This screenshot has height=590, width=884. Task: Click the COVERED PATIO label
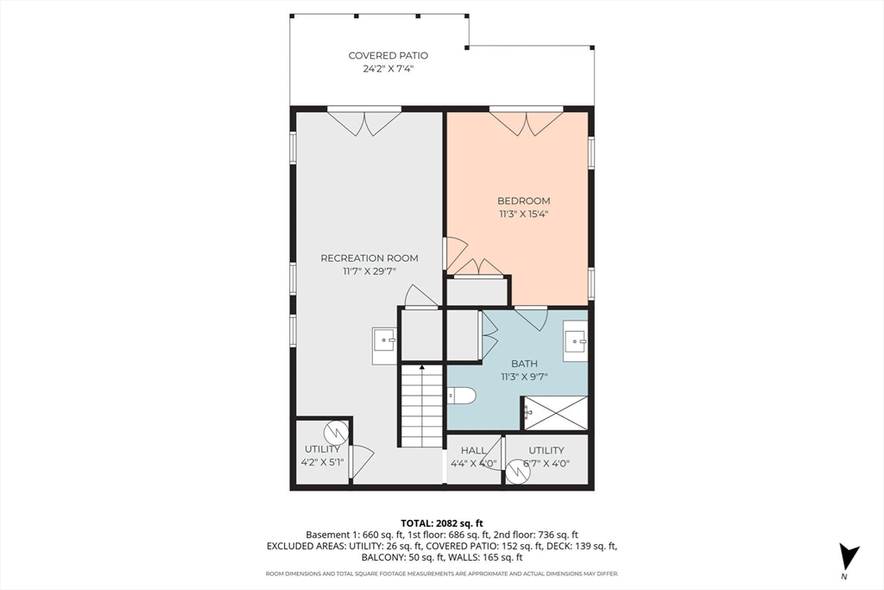pos(388,55)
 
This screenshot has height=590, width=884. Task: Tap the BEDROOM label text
pos(523,200)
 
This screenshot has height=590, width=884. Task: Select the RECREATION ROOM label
pos(369,258)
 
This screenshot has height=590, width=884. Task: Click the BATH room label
pos(524,364)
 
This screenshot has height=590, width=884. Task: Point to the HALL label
pos(474,451)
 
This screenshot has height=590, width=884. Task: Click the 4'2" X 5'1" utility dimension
pos(323,463)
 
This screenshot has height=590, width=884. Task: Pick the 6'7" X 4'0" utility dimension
pos(546,464)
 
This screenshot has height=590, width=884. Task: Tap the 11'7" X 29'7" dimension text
pos(369,271)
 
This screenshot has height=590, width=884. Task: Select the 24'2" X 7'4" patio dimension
pos(388,69)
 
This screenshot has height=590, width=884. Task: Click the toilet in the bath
pos(462,396)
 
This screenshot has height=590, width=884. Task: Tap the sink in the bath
pos(576,340)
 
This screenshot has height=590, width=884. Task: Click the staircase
pos(421,406)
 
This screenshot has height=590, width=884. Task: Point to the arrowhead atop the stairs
pos(422,367)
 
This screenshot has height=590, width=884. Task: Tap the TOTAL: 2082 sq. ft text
pos(441,523)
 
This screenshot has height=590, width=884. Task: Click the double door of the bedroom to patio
pos(526,123)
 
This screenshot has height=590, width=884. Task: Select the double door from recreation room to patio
pos(365,123)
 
